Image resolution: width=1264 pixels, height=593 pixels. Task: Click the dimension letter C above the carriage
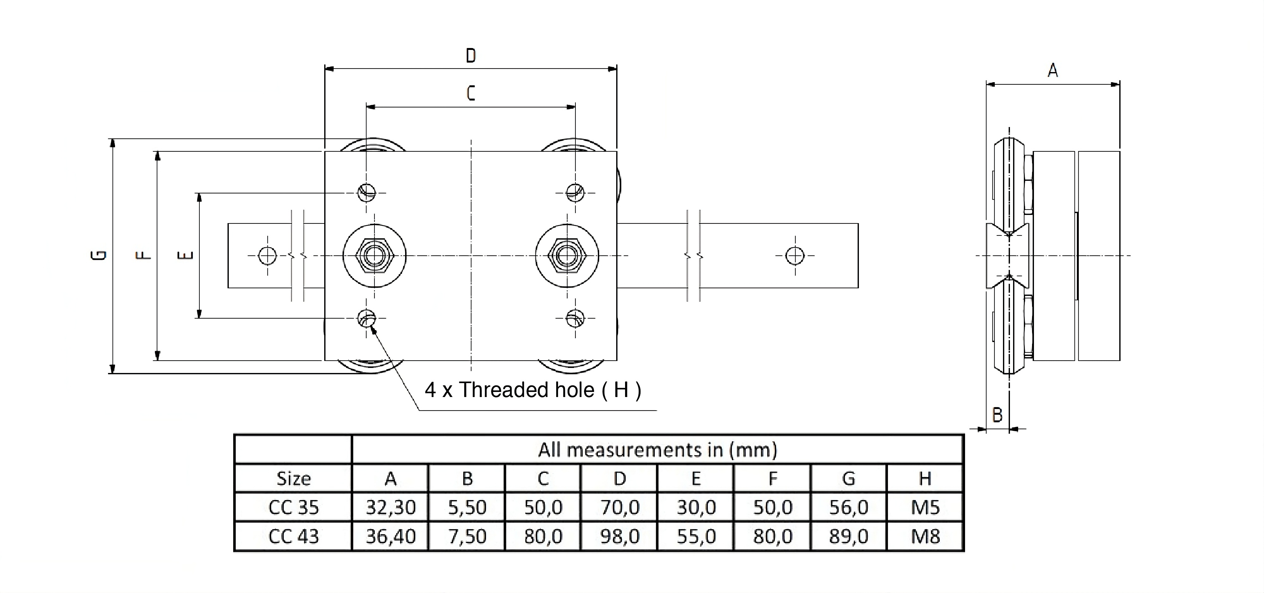pyautogui.click(x=471, y=93)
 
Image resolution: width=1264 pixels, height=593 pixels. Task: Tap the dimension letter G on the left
pyautogui.click(x=99, y=255)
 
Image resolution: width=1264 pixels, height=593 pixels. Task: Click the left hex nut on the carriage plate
pyautogui.click(x=374, y=256)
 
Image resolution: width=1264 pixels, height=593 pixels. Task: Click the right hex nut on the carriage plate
pyautogui.click(x=567, y=256)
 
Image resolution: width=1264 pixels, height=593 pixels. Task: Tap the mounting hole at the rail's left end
pyautogui.click(x=267, y=256)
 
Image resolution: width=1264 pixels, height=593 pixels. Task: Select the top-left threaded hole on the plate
pyautogui.click(x=367, y=192)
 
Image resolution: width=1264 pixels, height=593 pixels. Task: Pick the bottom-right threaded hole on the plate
pyautogui.click(x=574, y=318)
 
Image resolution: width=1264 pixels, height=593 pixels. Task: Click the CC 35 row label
pyautogui.click(x=294, y=507)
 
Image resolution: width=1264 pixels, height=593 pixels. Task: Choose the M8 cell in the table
pyautogui.click(x=925, y=536)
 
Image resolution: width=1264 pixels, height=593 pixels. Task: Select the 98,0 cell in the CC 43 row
pyautogui.click(x=620, y=536)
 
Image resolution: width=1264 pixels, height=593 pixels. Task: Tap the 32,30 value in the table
pyautogui.click(x=391, y=507)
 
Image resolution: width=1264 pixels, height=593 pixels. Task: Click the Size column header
pyautogui.click(x=294, y=478)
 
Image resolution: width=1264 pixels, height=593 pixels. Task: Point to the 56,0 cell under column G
pyautogui.click(x=848, y=507)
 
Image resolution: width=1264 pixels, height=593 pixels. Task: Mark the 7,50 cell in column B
pyautogui.click(x=467, y=536)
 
